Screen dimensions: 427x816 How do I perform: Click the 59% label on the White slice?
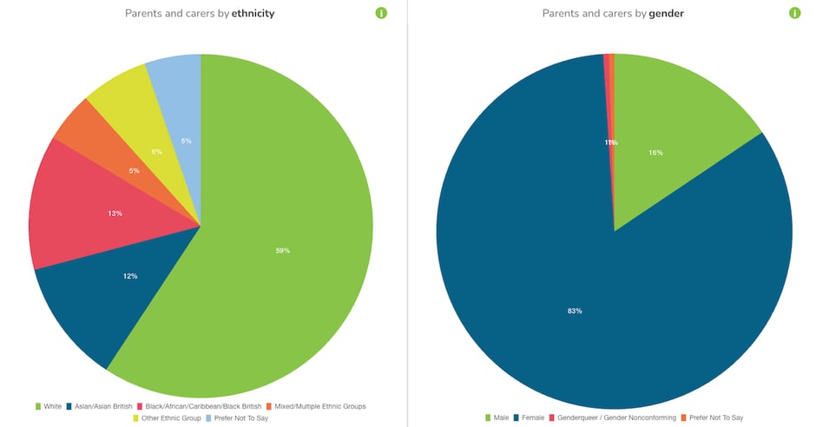click(x=282, y=251)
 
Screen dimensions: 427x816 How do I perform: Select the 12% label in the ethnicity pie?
click(x=130, y=276)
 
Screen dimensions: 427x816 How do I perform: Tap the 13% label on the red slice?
click(x=115, y=213)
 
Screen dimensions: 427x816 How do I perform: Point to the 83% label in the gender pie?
click(x=574, y=311)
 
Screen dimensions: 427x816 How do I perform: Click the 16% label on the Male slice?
click(x=655, y=153)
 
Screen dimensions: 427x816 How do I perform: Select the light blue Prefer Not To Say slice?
click(x=178, y=95)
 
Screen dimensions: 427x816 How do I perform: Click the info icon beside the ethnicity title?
click(x=380, y=13)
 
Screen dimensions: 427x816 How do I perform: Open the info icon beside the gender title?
click(x=794, y=13)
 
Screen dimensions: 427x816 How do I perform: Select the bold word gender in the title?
click(x=666, y=14)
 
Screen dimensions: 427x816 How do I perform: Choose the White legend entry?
click(x=49, y=406)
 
